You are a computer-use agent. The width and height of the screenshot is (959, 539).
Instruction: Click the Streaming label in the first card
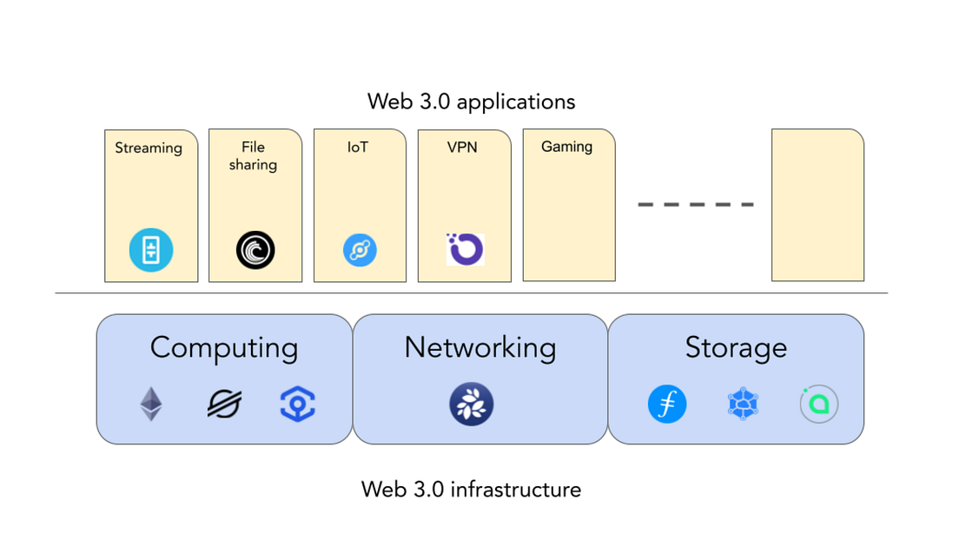[149, 148]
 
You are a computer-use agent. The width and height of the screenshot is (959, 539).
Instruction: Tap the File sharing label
[253, 155]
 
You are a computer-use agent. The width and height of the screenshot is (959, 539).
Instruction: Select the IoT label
[358, 148]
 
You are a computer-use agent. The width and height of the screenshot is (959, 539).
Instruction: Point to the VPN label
[462, 148]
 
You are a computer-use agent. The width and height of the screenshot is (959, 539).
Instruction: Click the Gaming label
[566, 147]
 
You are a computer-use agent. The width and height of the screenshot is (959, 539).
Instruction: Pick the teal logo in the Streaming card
[151, 250]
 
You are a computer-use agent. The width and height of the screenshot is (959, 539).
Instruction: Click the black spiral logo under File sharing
[255, 251]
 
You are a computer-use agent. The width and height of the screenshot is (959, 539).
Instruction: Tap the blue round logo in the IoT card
[360, 251]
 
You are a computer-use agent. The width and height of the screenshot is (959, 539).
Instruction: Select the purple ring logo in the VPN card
[465, 249]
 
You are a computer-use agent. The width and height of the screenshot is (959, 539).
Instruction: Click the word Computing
[224, 347]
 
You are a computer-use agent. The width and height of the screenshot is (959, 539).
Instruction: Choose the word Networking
[480, 347]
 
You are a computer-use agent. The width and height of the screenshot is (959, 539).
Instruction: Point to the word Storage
[736, 347]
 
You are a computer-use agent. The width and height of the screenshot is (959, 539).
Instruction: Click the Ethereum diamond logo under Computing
[151, 404]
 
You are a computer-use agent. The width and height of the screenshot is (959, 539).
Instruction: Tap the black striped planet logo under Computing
[224, 404]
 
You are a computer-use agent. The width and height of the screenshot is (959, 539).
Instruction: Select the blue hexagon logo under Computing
[297, 404]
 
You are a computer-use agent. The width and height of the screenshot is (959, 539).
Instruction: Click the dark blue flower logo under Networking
[472, 404]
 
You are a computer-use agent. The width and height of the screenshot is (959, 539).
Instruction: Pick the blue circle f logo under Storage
[667, 404]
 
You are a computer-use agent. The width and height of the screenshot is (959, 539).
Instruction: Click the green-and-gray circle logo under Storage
[818, 404]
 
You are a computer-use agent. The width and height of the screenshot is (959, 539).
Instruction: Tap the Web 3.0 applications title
[471, 102]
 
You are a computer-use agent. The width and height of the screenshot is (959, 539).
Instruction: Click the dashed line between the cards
[696, 205]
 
